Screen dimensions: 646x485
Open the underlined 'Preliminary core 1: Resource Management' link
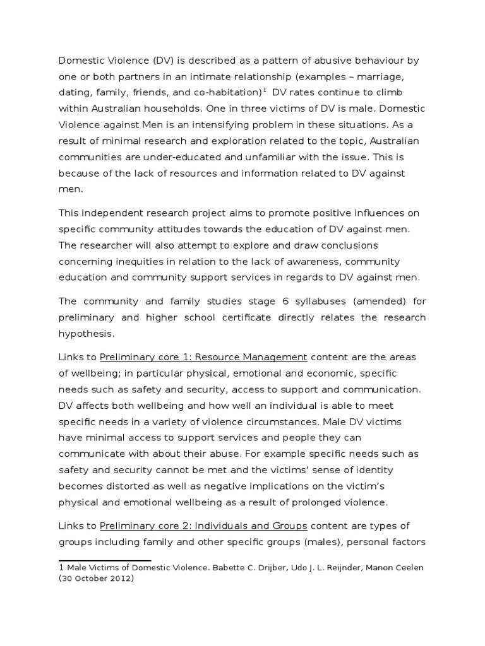click(x=203, y=357)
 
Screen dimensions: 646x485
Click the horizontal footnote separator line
click(x=105, y=560)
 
